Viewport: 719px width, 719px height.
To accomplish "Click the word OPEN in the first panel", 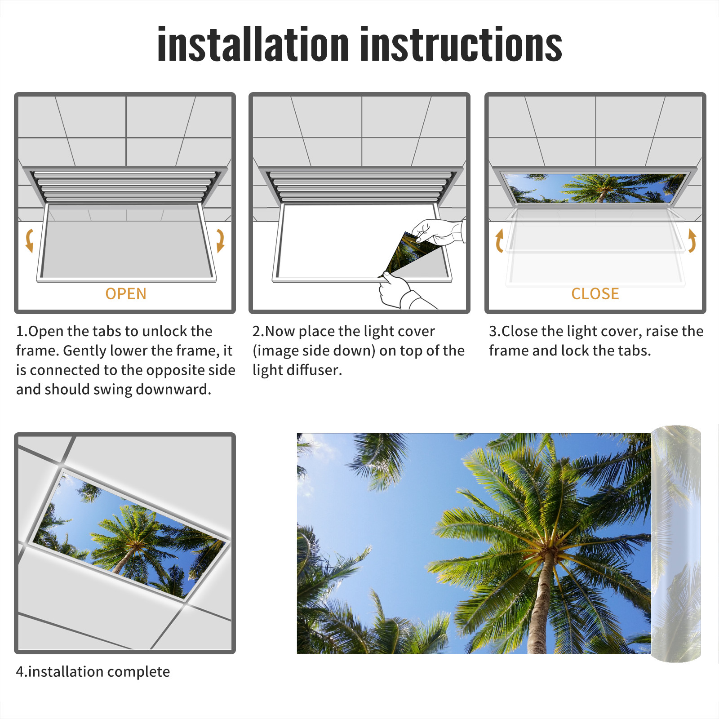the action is coord(126,294).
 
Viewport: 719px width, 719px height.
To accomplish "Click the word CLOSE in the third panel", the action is coord(595,294).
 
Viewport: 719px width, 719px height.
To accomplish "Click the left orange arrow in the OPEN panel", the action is coord(29,240).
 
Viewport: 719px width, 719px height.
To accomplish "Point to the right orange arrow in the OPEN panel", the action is coord(220,240).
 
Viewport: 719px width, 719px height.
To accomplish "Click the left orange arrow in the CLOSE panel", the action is coord(499,240).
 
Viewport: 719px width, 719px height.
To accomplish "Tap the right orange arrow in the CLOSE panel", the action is coord(692,240).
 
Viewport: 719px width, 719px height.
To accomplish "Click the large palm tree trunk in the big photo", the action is coord(541,602).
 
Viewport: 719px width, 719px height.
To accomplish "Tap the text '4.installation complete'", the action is coord(93,671).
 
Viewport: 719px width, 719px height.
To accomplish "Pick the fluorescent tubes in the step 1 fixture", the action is coord(124,186).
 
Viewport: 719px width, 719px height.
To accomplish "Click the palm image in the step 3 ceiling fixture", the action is coord(595,188).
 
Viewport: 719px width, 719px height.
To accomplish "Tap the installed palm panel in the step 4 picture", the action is coord(129,536).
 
